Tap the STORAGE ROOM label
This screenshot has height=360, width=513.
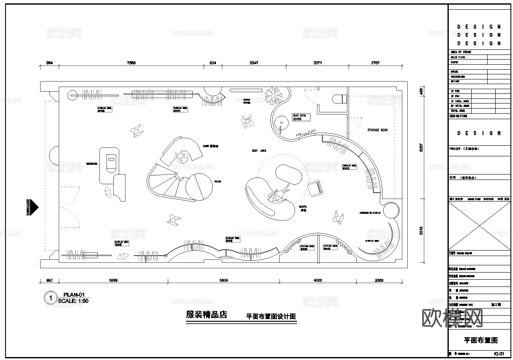pyautogui.click(x=377, y=130)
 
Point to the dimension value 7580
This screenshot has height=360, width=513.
pyautogui.click(x=131, y=63)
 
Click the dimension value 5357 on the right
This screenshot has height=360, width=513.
pyautogui.click(x=420, y=148)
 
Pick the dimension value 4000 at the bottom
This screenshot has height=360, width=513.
pyautogui.click(x=318, y=280)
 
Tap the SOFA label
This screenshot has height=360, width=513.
pyautogui.click(x=303, y=207)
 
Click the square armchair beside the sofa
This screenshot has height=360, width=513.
pyautogui.click(x=315, y=188)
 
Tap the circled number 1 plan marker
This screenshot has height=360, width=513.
pyautogui.click(x=50, y=298)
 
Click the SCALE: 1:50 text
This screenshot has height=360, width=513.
pyautogui.click(x=73, y=301)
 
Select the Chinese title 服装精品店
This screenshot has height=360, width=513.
pyautogui.click(x=206, y=315)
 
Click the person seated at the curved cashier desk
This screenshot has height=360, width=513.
pyautogui.click(x=184, y=157)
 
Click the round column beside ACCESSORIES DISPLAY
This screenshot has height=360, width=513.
pyautogui.click(x=391, y=210)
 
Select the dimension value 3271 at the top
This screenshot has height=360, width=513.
pyautogui.click(x=318, y=63)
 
